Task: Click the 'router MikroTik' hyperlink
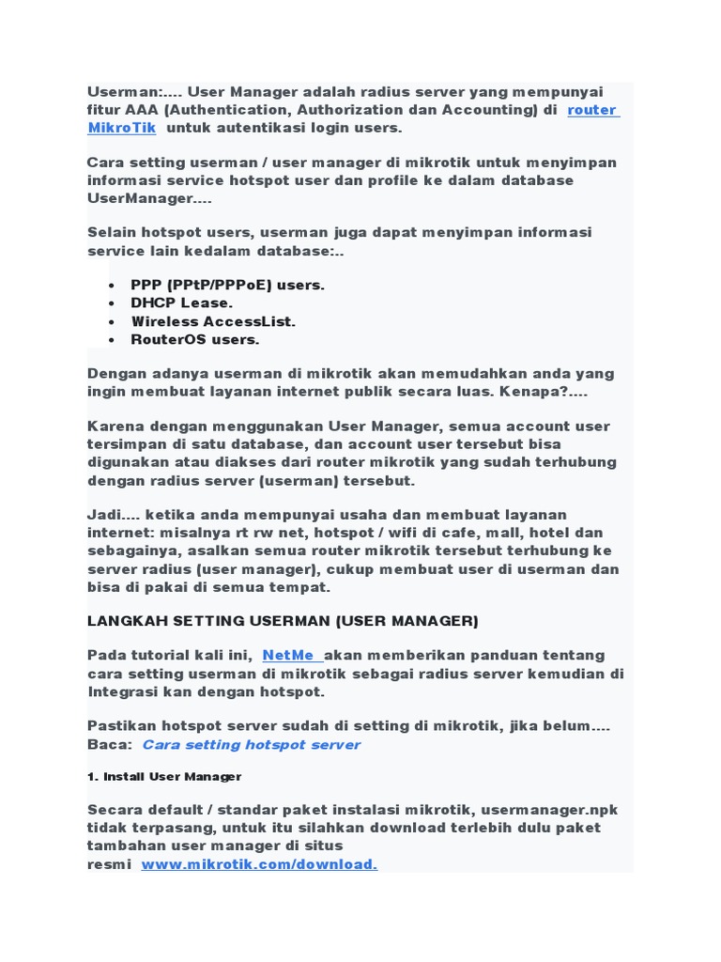(592, 110)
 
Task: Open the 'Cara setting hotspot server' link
(251, 744)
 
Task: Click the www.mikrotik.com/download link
(259, 864)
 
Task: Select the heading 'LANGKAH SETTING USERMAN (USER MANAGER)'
(283, 621)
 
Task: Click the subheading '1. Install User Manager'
(164, 777)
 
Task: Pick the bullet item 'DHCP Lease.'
(182, 303)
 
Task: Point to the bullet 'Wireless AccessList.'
(213, 321)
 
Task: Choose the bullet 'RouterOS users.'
(195, 339)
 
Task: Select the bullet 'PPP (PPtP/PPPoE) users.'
(227, 285)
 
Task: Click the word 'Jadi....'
(112, 514)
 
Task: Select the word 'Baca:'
(109, 744)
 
